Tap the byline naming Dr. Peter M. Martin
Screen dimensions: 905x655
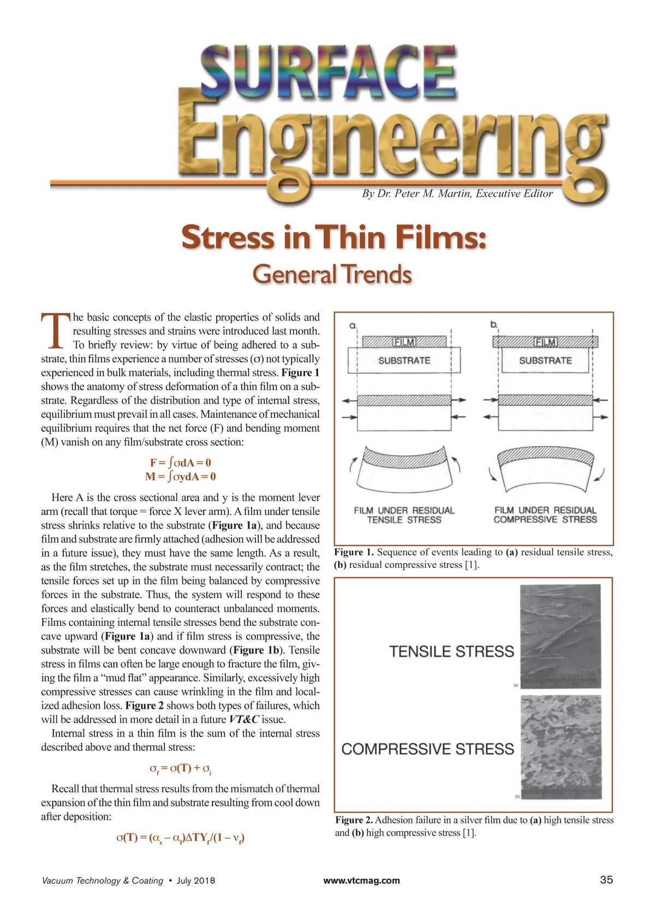click(457, 193)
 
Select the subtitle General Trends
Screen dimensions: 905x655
click(331, 274)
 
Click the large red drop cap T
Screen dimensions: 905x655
click(56, 330)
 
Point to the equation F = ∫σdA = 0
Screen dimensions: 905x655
click(181, 463)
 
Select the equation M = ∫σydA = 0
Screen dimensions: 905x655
click(181, 476)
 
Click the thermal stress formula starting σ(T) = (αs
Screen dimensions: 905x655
click(181, 837)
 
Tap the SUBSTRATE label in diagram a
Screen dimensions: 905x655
click(404, 360)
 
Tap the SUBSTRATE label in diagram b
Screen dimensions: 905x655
click(545, 360)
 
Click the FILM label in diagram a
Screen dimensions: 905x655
click(404, 342)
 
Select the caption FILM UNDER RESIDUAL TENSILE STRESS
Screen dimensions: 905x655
click(404, 515)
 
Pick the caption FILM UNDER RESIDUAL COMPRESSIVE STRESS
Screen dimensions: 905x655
click(545, 515)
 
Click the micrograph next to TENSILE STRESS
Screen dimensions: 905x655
click(560, 636)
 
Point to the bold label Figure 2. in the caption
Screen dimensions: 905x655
click(354, 820)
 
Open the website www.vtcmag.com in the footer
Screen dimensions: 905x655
click(361, 880)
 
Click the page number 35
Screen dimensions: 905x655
click(606, 880)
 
